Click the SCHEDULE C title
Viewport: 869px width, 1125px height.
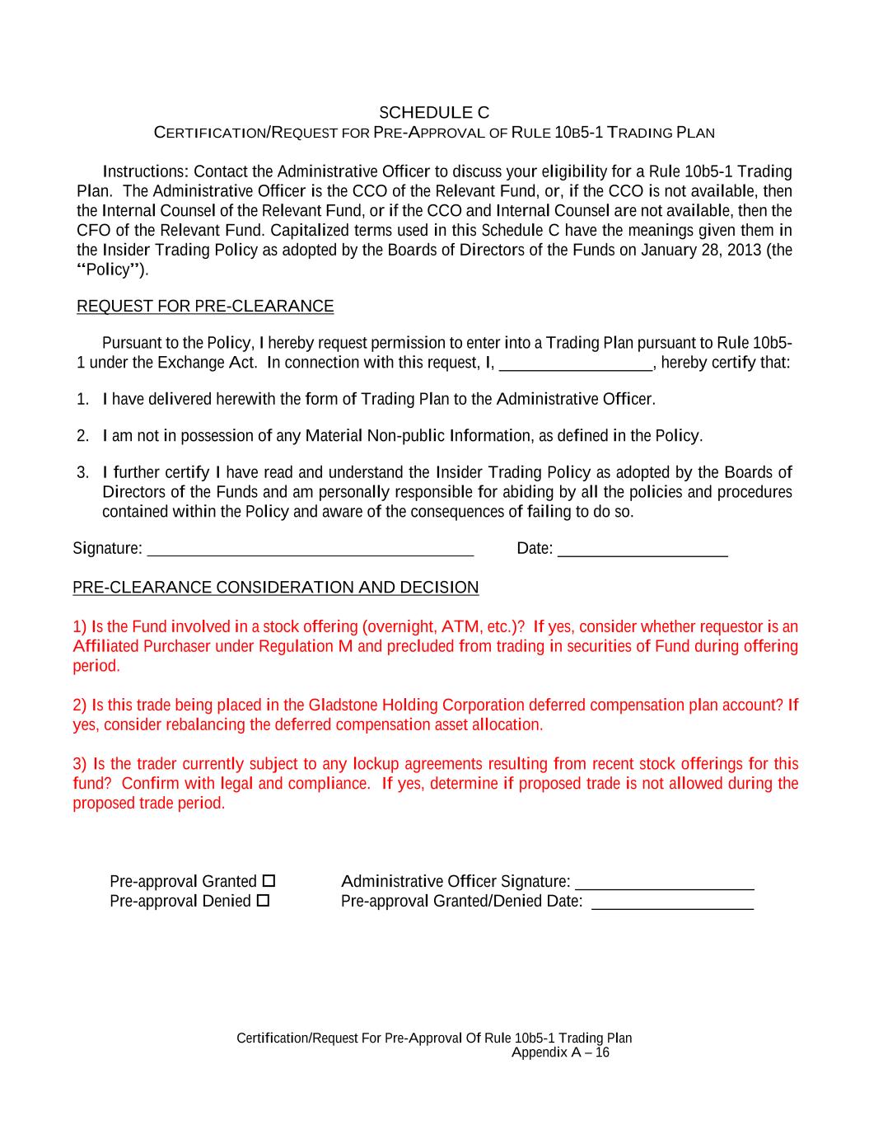click(434, 112)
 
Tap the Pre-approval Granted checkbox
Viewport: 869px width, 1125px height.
click(269, 881)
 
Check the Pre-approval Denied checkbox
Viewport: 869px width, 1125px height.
click(263, 901)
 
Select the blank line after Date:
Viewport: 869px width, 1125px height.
click(642, 549)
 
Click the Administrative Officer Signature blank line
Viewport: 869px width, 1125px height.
click(664, 882)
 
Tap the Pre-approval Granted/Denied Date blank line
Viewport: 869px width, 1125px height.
click(672, 902)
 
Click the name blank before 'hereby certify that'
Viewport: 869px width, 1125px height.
click(576, 363)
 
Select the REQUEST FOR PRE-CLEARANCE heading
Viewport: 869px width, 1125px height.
click(205, 307)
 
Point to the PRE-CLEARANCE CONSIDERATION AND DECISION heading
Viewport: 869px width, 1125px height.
click(275, 588)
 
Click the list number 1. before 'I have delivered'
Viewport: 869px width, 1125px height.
click(82, 400)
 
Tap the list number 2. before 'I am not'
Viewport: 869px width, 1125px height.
click(82, 436)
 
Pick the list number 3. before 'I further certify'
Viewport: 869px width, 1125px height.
click(82, 472)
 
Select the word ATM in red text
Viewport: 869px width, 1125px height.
click(458, 626)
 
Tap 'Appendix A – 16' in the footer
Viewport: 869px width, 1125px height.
click(560, 1052)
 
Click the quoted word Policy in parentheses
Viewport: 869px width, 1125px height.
click(109, 270)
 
